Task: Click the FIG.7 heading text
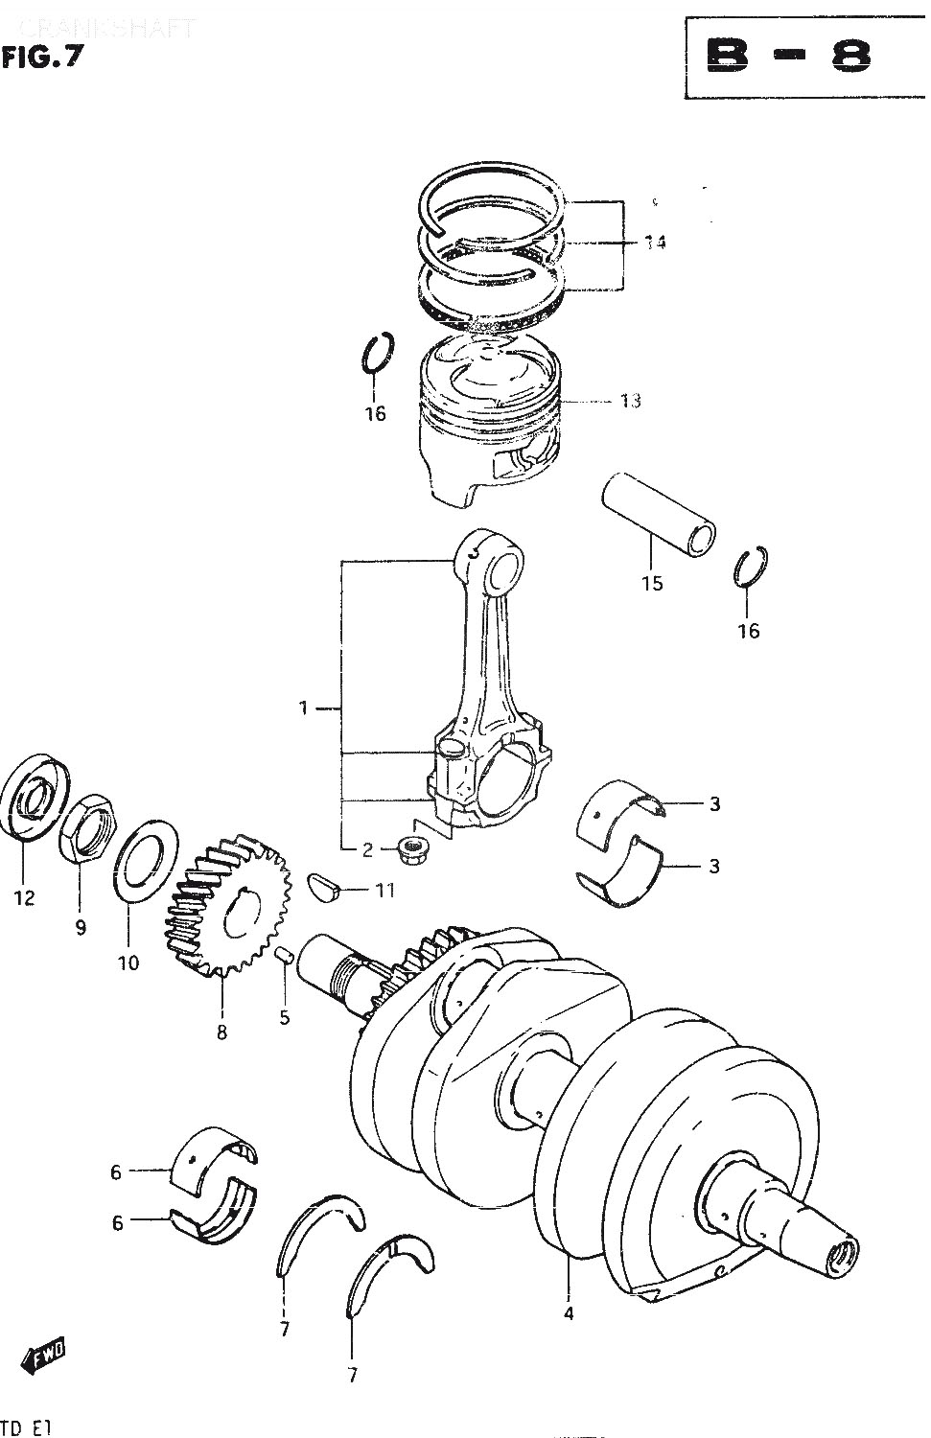(x=42, y=58)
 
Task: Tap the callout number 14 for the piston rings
(x=655, y=244)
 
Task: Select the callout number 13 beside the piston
(x=629, y=401)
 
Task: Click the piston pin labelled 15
(x=659, y=512)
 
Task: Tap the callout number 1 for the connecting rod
(x=303, y=708)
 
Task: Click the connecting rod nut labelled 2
(x=413, y=847)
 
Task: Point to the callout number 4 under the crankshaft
(x=569, y=1313)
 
